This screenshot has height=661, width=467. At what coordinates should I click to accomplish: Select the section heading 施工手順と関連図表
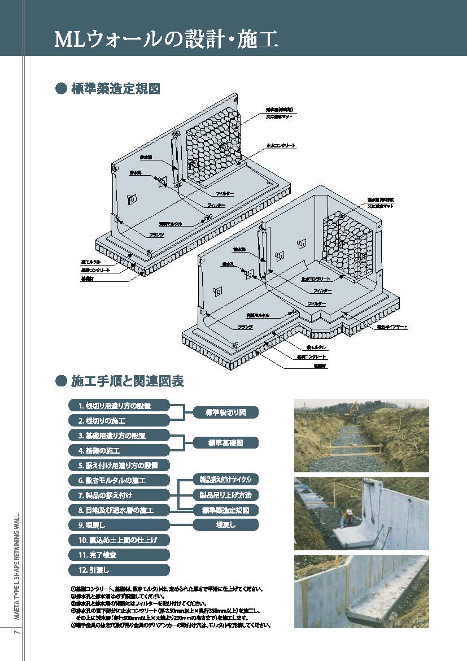click(x=127, y=381)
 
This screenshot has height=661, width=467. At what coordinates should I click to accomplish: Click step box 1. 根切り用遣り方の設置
click(x=119, y=406)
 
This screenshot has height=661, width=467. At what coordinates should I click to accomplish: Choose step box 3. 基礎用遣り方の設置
click(x=119, y=436)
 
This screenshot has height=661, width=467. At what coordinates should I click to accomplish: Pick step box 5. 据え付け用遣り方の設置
click(x=119, y=466)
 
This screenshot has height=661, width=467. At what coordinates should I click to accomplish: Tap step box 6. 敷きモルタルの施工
click(x=119, y=480)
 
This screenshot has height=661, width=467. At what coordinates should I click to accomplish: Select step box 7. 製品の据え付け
click(x=119, y=495)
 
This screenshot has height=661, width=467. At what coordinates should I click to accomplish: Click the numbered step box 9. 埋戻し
click(x=119, y=525)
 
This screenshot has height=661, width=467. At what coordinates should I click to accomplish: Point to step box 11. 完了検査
click(x=119, y=555)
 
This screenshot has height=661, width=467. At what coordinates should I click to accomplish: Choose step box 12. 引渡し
click(x=119, y=569)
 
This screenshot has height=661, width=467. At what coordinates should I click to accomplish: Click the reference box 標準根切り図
click(x=226, y=412)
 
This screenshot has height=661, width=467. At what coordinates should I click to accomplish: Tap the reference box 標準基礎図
click(x=226, y=443)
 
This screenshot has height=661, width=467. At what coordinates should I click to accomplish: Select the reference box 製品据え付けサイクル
click(x=226, y=480)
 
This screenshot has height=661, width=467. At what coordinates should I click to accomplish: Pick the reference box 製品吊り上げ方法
click(x=226, y=495)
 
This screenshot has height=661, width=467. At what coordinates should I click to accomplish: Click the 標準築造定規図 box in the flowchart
click(x=226, y=510)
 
